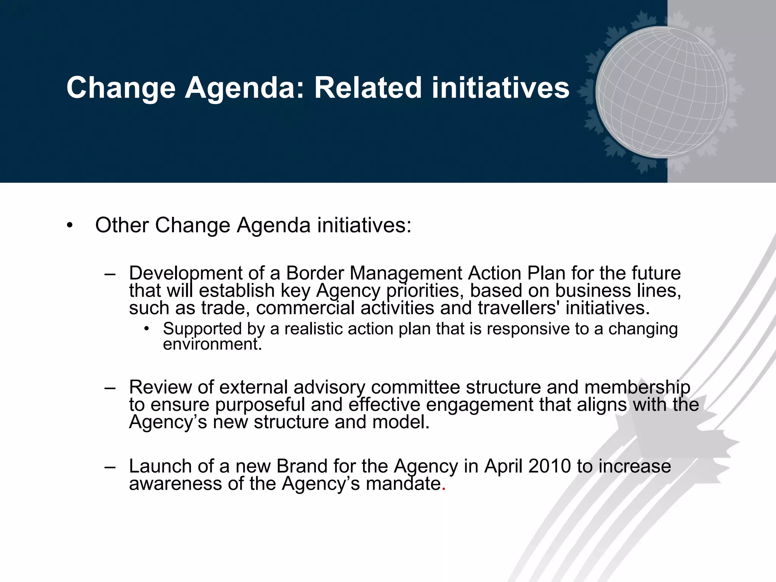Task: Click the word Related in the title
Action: pyautogui.click(x=368, y=88)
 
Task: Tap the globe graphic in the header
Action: pyautogui.click(x=661, y=92)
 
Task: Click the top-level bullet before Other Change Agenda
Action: pyautogui.click(x=69, y=226)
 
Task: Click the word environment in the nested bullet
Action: pyautogui.click(x=211, y=344)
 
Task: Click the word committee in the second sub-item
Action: pyautogui.click(x=415, y=387)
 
